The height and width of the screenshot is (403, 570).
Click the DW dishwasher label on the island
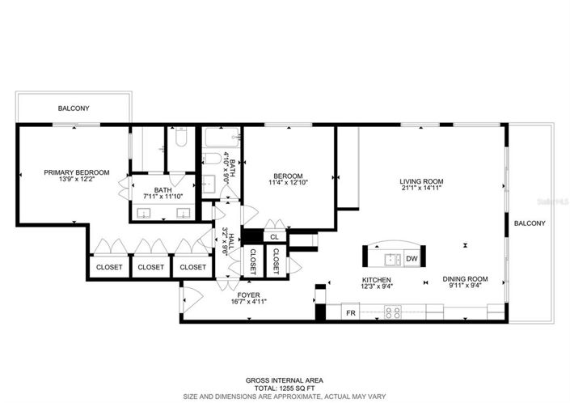[x=411, y=259]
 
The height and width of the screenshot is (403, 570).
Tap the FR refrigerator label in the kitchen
[x=351, y=312]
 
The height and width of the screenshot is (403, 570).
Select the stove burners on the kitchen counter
[x=393, y=312]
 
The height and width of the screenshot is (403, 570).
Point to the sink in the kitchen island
[x=391, y=259]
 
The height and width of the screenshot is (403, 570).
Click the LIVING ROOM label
[x=422, y=181]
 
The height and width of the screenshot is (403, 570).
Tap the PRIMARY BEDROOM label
[x=76, y=172]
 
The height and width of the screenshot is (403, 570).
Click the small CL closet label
[x=274, y=237]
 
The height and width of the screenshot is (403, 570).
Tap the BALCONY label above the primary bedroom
[x=73, y=108]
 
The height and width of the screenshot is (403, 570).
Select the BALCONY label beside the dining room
[x=530, y=223]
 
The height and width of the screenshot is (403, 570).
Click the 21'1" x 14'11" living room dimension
[x=422, y=189]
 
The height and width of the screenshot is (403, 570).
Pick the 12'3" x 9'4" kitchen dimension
[x=376, y=287]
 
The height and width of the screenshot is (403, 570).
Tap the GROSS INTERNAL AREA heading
[x=285, y=379]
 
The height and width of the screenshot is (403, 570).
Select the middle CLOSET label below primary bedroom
[x=150, y=267]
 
